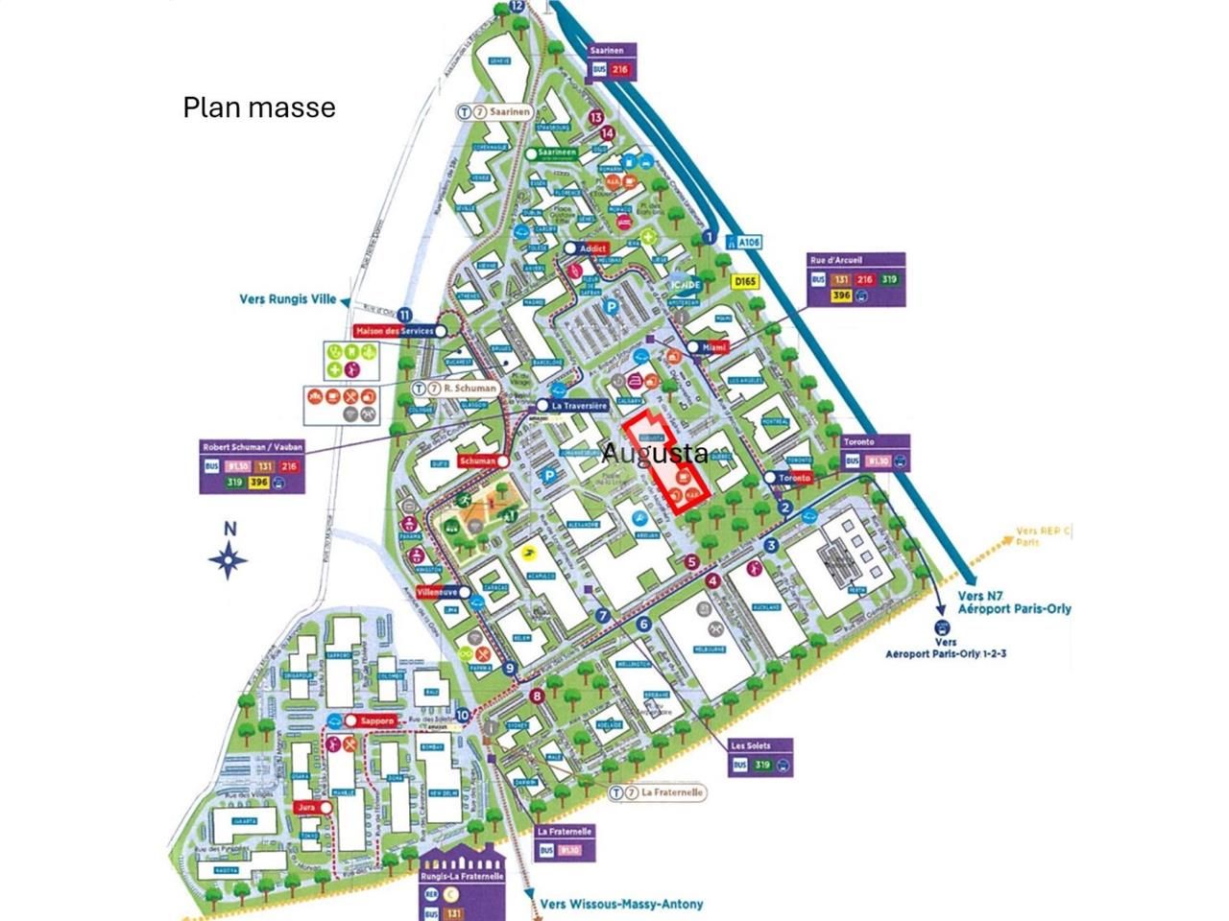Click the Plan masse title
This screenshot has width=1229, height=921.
259,106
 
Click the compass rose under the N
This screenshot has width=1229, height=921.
229,558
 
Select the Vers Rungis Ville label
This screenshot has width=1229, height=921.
287,299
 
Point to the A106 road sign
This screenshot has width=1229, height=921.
744,243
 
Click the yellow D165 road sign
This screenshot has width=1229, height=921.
745,281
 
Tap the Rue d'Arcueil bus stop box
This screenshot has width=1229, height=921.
855,279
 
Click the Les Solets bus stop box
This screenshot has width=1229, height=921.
761,756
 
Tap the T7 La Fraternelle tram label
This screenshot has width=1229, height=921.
663,792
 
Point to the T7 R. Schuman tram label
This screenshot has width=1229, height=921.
456,389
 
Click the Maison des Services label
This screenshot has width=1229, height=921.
394,331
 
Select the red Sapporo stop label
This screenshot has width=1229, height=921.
371,720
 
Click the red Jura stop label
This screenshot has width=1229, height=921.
306,808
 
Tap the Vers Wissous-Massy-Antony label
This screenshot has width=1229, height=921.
619,903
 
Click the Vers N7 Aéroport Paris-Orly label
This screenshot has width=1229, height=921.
1014,602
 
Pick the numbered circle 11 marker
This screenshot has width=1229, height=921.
405,315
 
